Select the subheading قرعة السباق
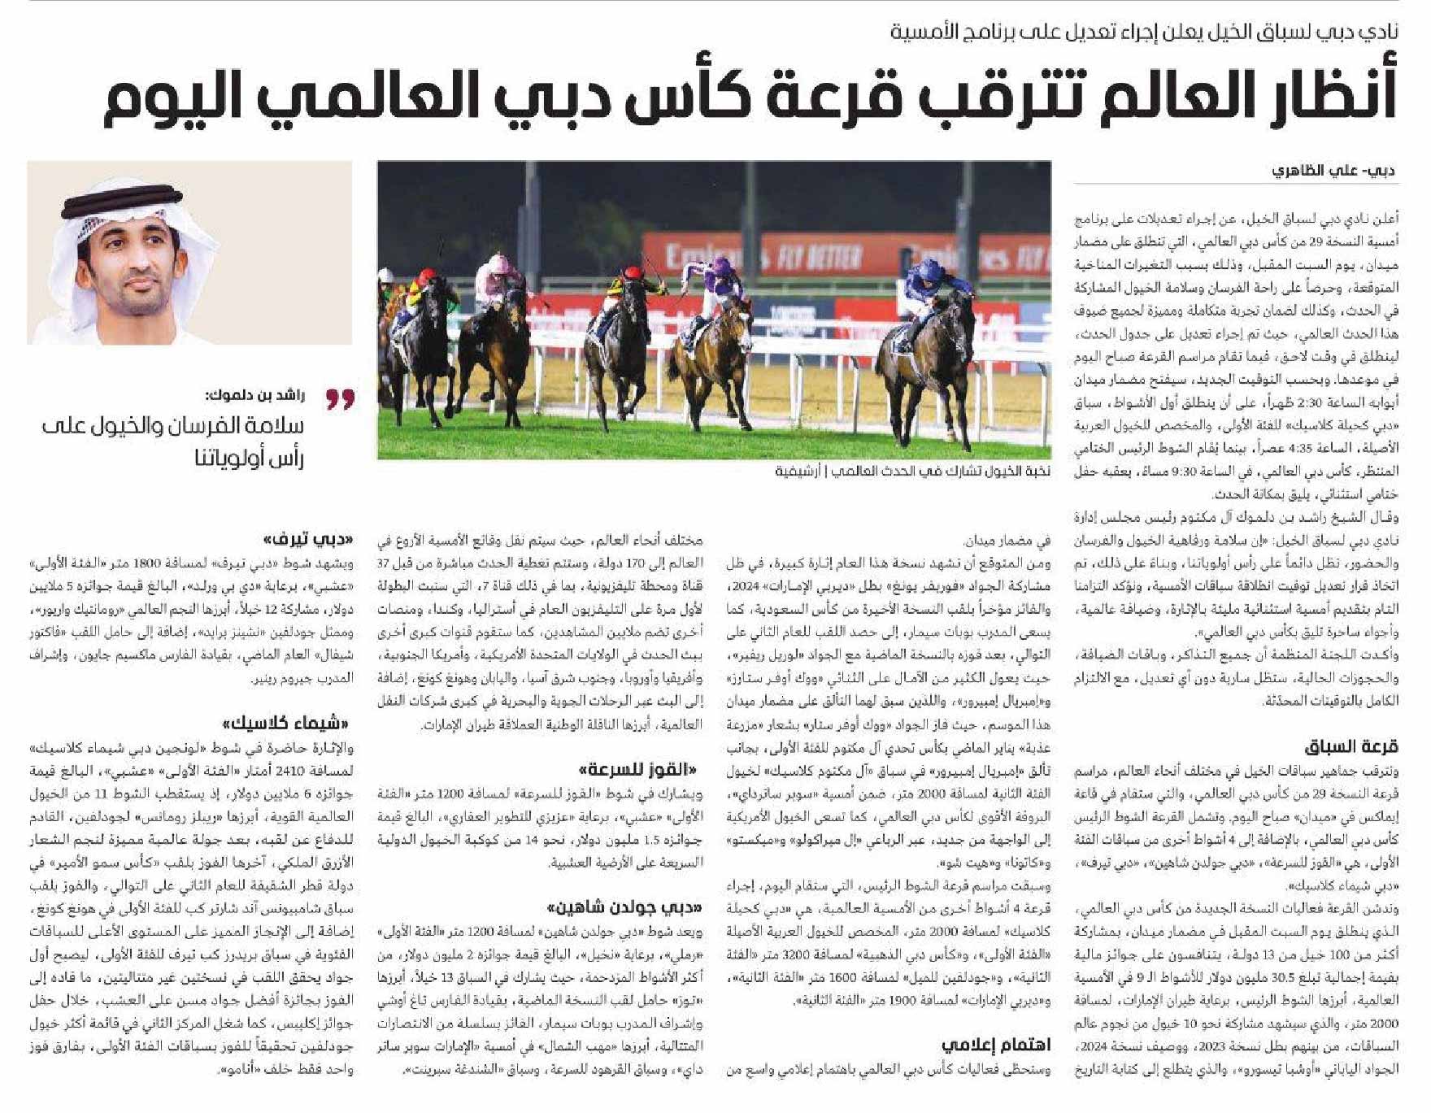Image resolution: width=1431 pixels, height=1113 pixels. coord(1351,746)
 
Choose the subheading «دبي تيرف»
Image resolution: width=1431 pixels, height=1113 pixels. coord(310,539)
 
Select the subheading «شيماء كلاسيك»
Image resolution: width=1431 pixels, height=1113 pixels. coord(289,723)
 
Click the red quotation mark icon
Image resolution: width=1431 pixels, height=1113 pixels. coord(341,398)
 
